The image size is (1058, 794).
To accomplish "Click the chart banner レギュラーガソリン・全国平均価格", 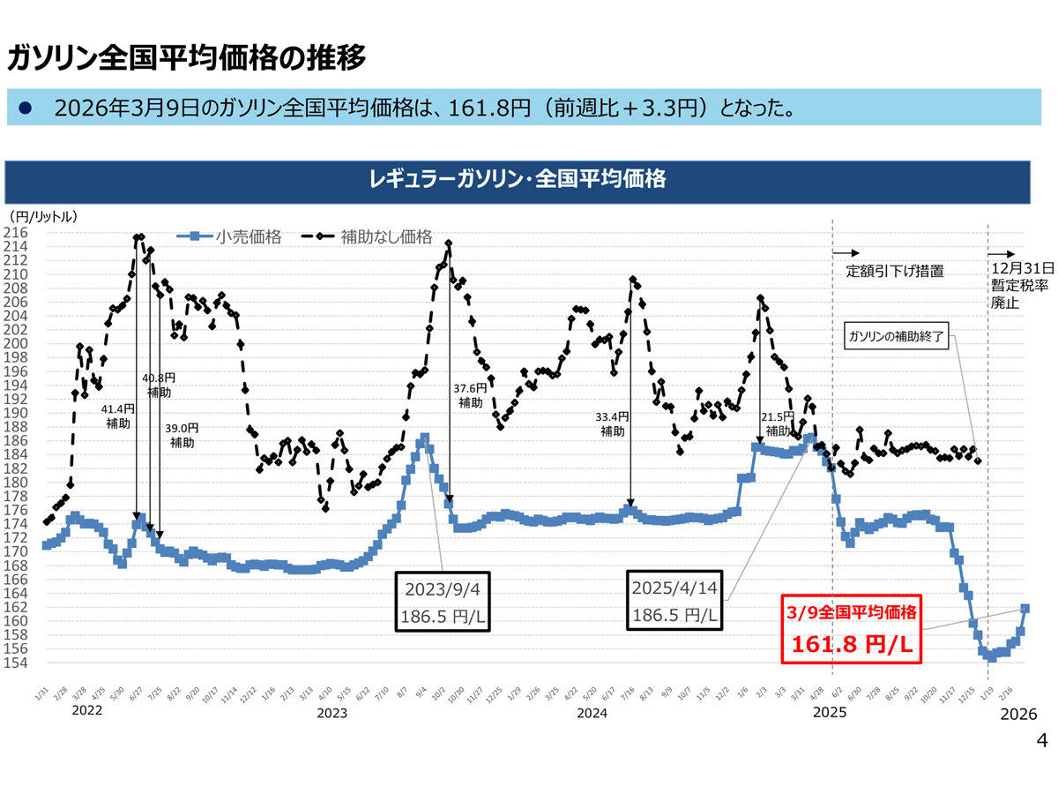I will coord(518,180).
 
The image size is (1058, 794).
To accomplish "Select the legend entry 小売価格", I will coord(238,236).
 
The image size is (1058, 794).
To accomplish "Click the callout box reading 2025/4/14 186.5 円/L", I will coord(674,600).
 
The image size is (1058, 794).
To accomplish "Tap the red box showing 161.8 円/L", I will coord(852,628).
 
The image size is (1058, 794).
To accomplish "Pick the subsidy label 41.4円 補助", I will coord(118,416).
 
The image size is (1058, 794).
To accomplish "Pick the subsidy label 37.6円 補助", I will coord(470,395).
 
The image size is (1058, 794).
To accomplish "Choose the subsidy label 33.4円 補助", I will coord(613,423).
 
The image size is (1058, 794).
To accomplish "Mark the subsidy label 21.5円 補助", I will coord(778,423).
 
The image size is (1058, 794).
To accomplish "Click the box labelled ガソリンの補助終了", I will coord(896,338).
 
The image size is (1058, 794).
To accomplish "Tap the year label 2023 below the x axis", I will coord(332,712).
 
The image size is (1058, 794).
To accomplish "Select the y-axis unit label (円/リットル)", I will coord(44,215).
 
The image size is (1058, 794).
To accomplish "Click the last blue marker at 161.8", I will coord(1025,608).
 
